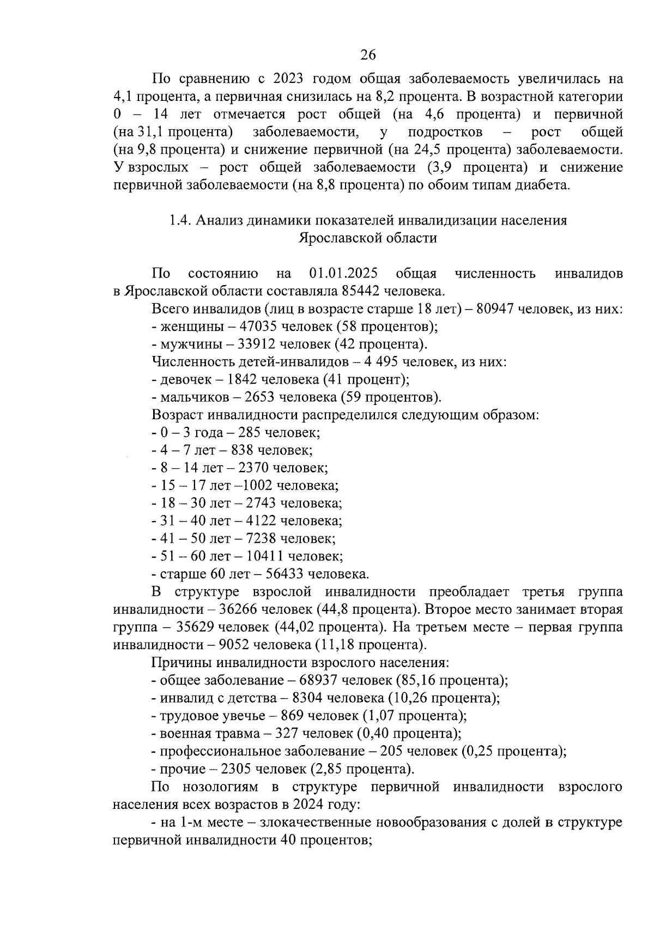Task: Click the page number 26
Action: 368,55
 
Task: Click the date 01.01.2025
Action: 343,273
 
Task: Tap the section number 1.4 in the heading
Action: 179,220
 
